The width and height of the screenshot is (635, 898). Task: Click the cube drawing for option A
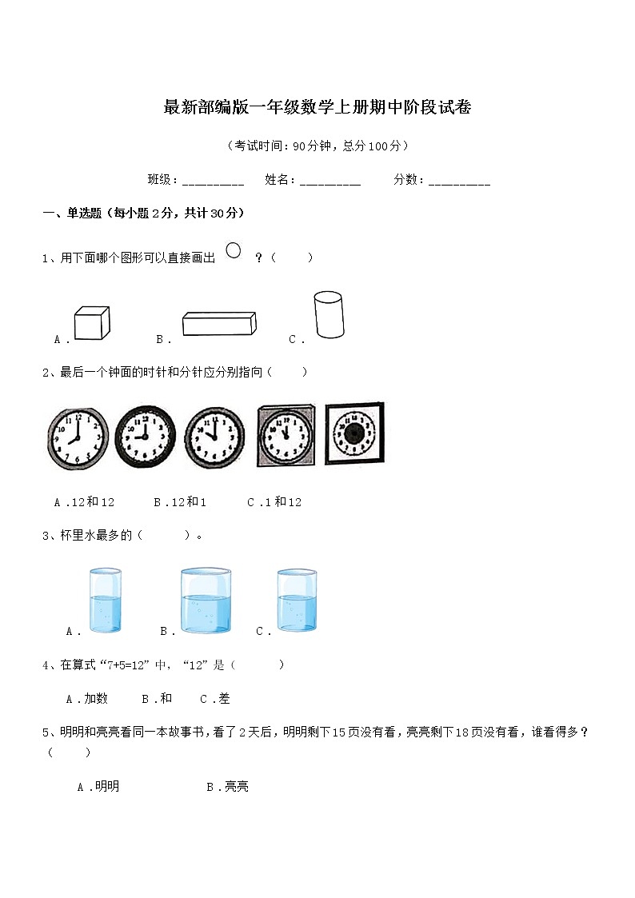91,324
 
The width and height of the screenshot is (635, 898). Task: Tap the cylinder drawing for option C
328,314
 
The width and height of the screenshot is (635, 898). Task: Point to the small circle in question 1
234,250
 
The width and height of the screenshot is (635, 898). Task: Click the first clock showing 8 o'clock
78,438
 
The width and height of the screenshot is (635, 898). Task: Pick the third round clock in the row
215,437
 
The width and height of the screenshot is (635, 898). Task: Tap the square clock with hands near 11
286,435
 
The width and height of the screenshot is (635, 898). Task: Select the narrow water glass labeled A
105,601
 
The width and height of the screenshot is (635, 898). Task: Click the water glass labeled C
297,601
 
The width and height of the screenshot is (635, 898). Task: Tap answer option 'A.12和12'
84,502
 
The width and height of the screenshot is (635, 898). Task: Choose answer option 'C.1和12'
274,502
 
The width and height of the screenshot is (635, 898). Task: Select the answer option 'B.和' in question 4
157,699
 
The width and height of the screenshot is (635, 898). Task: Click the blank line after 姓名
330,182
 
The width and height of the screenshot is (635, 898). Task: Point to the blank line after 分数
459,182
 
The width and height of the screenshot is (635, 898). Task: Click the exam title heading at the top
317,108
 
